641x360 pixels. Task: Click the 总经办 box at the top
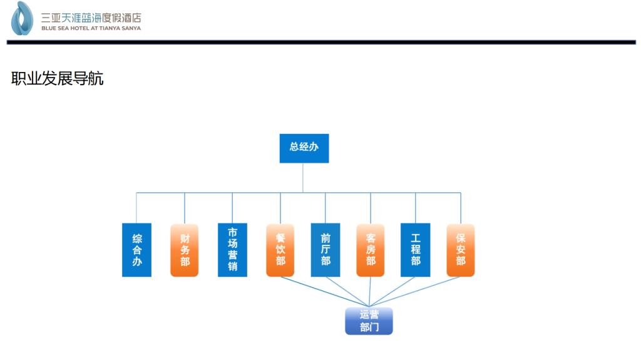point(304,148)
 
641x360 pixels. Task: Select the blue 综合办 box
point(136,250)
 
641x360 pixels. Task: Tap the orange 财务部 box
point(185,250)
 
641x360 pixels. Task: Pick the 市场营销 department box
point(232,250)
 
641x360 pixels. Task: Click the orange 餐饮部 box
point(280,250)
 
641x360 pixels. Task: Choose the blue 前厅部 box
point(326,250)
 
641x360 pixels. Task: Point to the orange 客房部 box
point(371,250)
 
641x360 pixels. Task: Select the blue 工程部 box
point(416,250)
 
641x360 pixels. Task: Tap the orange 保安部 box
point(461,250)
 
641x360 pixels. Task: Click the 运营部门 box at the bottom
point(369,321)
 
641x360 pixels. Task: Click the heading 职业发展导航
point(57,78)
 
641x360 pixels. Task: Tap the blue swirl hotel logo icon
point(22,18)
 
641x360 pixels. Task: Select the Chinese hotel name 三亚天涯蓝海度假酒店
point(91,18)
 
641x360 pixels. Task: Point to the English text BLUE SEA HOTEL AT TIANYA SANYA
point(91,28)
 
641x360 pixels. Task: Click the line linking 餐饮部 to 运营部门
point(325,292)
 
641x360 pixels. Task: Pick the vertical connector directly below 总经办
point(303,178)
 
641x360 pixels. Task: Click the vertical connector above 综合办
point(136,208)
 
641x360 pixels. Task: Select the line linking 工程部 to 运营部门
point(392,292)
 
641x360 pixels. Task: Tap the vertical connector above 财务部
point(185,208)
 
